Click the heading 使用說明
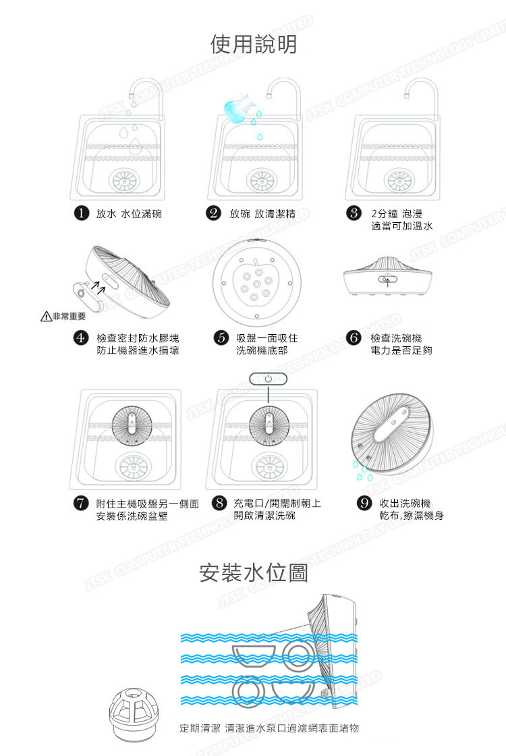tap(253, 45)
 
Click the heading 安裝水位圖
tap(254, 573)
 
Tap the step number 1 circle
tap(82, 214)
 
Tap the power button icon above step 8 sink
tap(268, 379)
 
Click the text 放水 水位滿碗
tap(129, 214)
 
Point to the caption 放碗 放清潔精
tap(263, 214)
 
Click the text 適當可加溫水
tap(402, 226)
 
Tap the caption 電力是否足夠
tap(401, 350)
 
